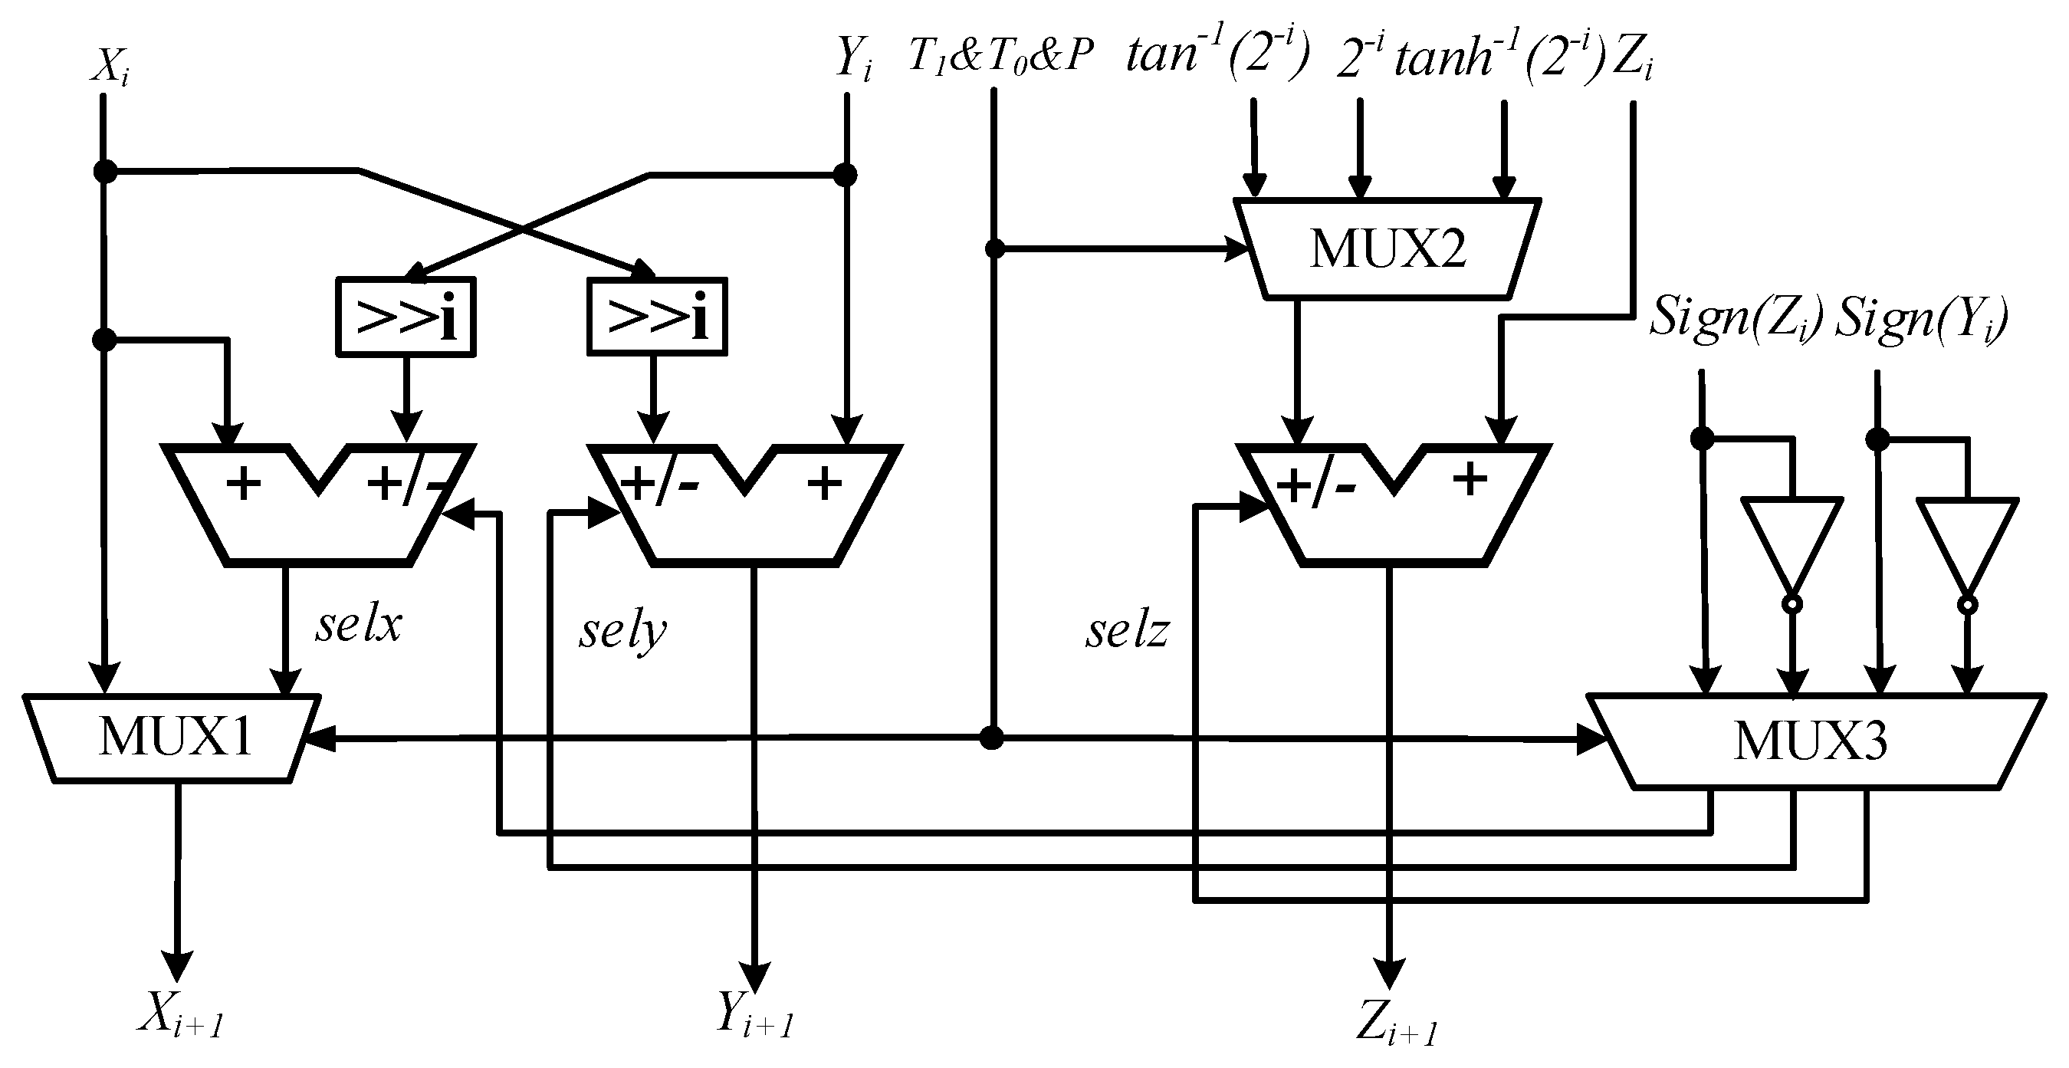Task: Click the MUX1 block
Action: (x=172, y=736)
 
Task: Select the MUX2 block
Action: (x=1387, y=249)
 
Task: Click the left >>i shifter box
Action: (x=406, y=317)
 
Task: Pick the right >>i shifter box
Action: (x=657, y=317)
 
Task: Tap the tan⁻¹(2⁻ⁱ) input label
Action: (x=1217, y=54)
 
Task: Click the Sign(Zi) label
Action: (x=1735, y=318)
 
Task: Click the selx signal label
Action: (x=357, y=625)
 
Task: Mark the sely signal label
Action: (x=622, y=633)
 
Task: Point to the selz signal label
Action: (x=1127, y=631)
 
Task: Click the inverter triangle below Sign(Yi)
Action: (x=1966, y=546)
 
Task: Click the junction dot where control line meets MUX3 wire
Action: (x=992, y=737)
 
